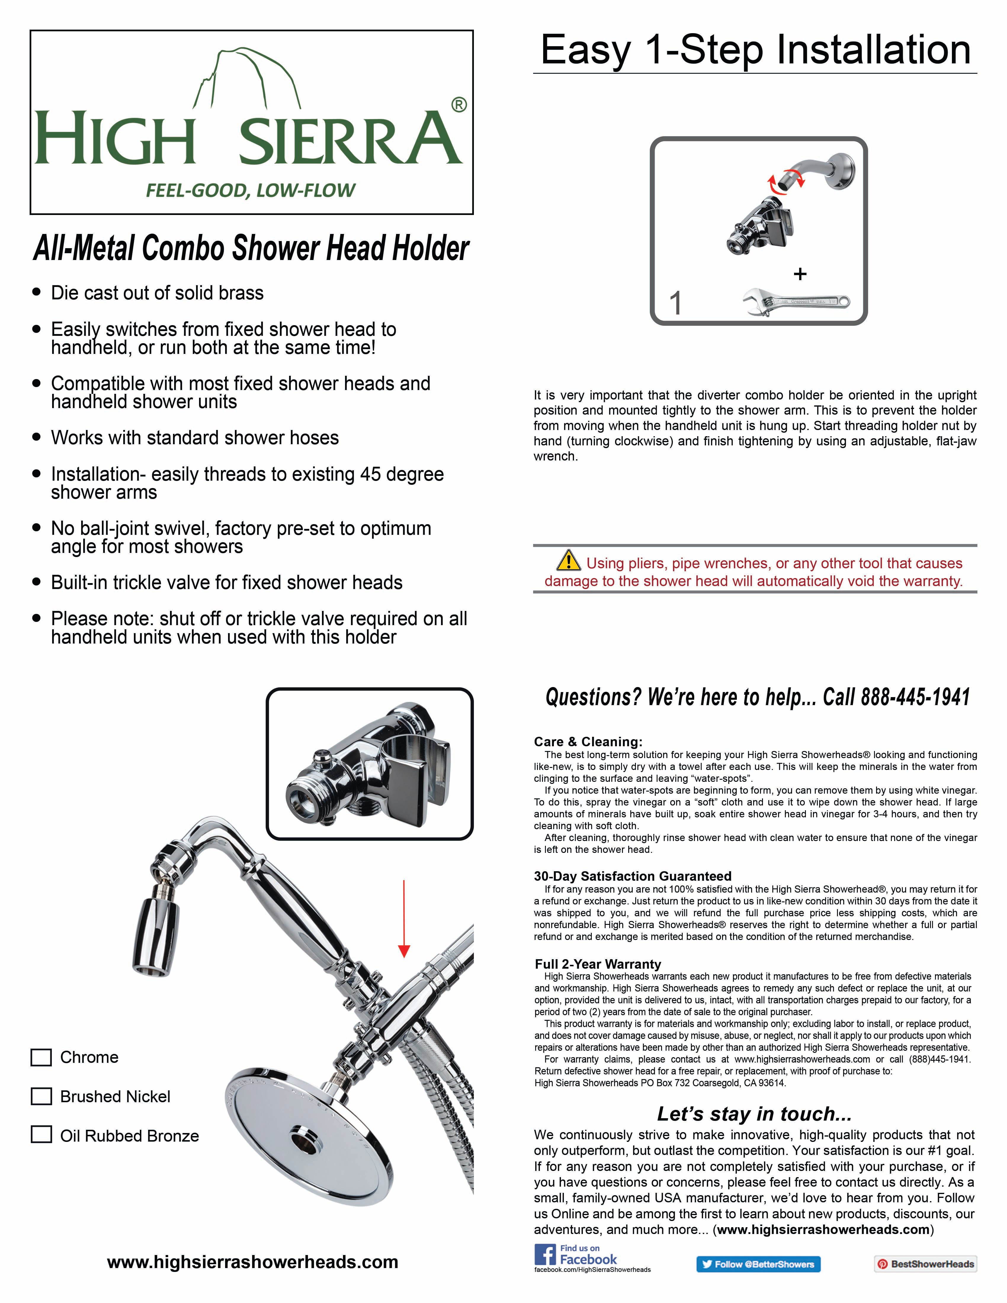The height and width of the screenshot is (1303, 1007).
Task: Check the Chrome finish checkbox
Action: click(41, 1057)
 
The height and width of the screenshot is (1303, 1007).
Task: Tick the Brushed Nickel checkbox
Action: click(41, 1097)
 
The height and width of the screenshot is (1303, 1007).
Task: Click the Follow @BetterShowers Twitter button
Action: click(758, 1264)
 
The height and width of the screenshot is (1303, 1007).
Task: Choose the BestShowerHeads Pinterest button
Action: click(925, 1264)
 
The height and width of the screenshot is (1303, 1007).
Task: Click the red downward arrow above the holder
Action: click(404, 919)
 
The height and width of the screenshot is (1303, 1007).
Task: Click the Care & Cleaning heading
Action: click(588, 742)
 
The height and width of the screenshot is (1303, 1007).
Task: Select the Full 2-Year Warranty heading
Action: click(598, 964)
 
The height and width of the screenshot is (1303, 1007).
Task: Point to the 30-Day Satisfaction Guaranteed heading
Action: click(632, 876)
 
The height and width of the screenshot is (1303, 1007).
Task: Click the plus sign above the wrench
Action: click(800, 274)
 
